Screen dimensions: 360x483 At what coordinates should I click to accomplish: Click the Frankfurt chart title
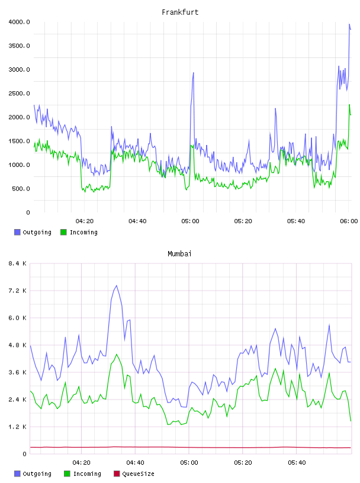pyautogui.click(x=180, y=12)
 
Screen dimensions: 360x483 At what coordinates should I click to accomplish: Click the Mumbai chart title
pyautogui.click(x=179, y=254)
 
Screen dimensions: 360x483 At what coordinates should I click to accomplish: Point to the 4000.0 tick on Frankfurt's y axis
pyautogui.click(x=19, y=22)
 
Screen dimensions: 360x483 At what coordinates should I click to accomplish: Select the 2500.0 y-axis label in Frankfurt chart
pyautogui.click(x=19, y=94)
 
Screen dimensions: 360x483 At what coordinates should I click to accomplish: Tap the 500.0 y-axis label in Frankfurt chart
pyautogui.click(x=21, y=188)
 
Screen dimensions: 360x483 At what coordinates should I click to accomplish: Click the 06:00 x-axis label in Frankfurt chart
pyautogui.click(x=349, y=221)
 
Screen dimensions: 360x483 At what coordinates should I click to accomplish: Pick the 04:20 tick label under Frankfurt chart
pyautogui.click(x=85, y=221)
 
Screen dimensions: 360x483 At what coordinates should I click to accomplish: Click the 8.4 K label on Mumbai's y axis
pyautogui.click(x=17, y=263)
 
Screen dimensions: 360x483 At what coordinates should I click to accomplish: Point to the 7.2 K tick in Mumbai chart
pyautogui.click(x=17, y=291)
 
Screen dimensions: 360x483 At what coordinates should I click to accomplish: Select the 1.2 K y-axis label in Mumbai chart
pyautogui.click(x=17, y=427)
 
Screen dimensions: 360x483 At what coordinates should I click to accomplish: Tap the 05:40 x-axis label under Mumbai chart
pyautogui.click(x=297, y=463)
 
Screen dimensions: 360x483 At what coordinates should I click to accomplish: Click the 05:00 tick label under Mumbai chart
pyautogui.click(x=189, y=463)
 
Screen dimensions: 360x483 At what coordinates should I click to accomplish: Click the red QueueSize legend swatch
pyautogui.click(x=117, y=474)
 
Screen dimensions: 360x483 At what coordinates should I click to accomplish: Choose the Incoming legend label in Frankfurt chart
pyautogui.click(x=83, y=232)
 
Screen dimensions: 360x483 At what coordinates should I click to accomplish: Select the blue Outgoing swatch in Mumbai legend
pyautogui.click(x=17, y=474)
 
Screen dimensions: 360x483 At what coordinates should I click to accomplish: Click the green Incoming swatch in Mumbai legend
pyautogui.click(x=67, y=474)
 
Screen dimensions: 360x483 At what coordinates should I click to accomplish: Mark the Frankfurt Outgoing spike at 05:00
pyautogui.click(x=193, y=73)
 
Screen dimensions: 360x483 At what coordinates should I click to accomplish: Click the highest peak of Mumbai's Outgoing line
pyautogui.click(x=116, y=285)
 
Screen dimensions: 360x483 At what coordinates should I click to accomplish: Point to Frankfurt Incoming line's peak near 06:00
pyautogui.click(x=349, y=105)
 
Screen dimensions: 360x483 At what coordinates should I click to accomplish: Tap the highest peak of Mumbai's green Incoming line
pyautogui.click(x=117, y=354)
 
